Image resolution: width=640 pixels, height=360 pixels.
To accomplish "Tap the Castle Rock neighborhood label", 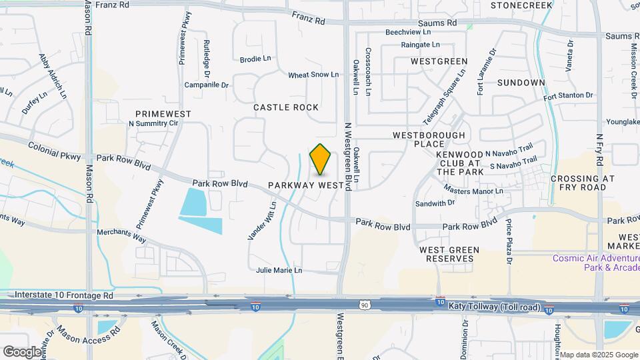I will point(286,107).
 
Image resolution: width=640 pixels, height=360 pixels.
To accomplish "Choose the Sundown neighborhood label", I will point(521,83).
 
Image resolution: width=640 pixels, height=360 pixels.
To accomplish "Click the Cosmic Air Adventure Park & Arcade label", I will point(595,263).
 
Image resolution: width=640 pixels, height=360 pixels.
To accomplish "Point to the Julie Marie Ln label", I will point(279,271).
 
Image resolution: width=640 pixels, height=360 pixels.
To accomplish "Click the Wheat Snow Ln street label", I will point(313,75).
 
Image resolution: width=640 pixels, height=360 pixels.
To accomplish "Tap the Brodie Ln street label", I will point(255,59).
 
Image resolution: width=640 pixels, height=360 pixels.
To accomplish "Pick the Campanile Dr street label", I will point(206,85).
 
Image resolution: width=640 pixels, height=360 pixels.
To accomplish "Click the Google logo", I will point(22,351).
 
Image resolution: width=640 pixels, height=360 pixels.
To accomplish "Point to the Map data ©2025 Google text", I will point(598,355).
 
